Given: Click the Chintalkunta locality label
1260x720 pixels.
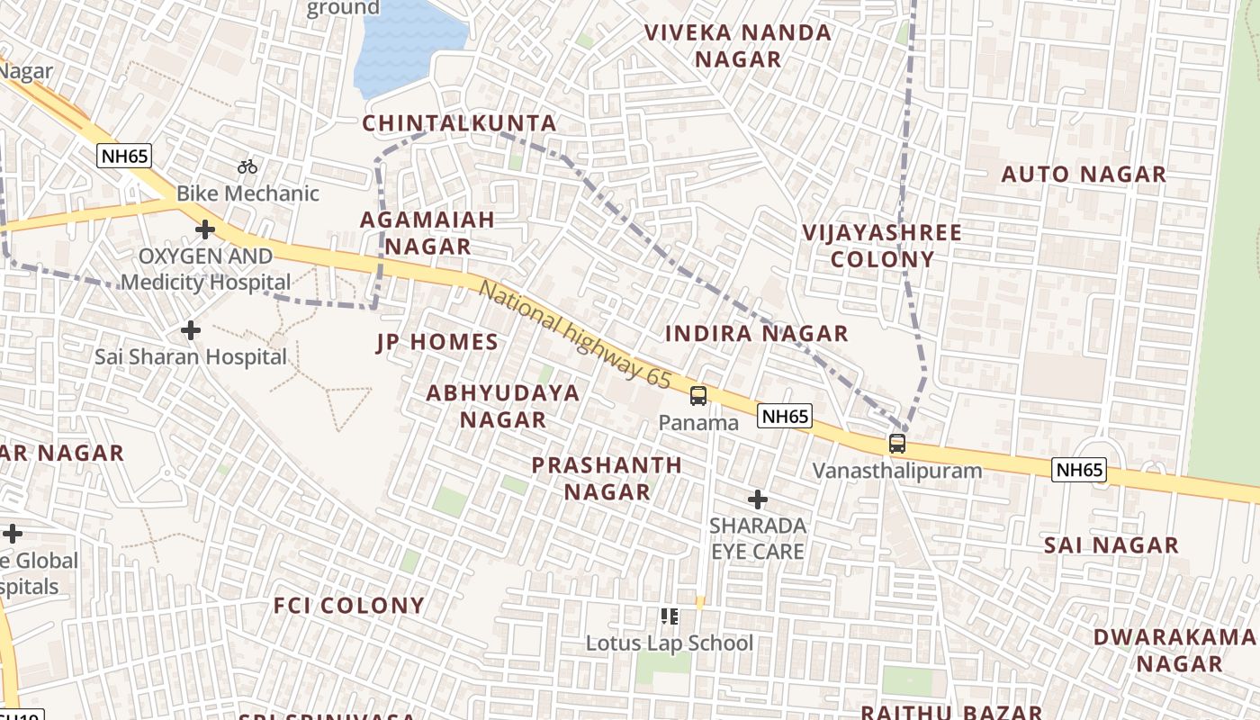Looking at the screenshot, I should click(459, 123).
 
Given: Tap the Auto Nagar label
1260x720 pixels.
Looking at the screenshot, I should click(1084, 174).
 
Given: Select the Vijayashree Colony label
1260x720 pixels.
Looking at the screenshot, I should click(882, 246).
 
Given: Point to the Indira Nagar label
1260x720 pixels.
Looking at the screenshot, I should click(756, 334).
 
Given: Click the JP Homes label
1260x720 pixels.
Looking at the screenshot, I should click(436, 342).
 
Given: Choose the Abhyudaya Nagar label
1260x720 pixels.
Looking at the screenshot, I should click(503, 406).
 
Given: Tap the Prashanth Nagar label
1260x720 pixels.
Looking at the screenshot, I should click(607, 478).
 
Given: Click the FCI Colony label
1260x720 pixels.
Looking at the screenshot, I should click(349, 606).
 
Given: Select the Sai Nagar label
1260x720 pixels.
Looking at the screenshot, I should click(1111, 545).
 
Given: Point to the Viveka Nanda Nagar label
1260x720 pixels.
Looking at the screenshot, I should click(738, 46).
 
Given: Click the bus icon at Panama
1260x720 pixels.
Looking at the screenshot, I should click(698, 395).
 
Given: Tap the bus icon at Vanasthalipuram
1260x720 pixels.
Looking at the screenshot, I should click(897, 443).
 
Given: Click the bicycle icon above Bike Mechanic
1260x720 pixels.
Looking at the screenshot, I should click(247, 166).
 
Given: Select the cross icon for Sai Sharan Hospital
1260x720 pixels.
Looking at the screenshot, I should click(191, 330).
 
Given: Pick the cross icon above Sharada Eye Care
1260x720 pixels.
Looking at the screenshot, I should click(758, 499).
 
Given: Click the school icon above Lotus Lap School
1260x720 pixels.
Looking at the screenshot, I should click(669, 616).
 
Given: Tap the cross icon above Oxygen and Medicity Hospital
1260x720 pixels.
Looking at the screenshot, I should click(205, 229).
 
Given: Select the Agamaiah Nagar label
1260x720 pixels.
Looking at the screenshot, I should click(428, 232).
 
